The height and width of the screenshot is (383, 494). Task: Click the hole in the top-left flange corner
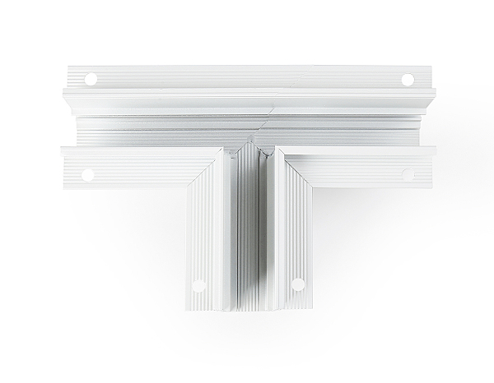coord(91,79)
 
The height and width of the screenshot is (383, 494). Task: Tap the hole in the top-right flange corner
coord(407,79)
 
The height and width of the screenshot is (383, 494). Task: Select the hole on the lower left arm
coord(86,173)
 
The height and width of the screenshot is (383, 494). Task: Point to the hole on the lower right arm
coord(406,173)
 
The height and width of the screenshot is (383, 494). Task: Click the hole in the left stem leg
coord(197,287)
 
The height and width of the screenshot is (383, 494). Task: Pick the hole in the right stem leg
coord(297,286)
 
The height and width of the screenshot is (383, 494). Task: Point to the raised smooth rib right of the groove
coord(265,238)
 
